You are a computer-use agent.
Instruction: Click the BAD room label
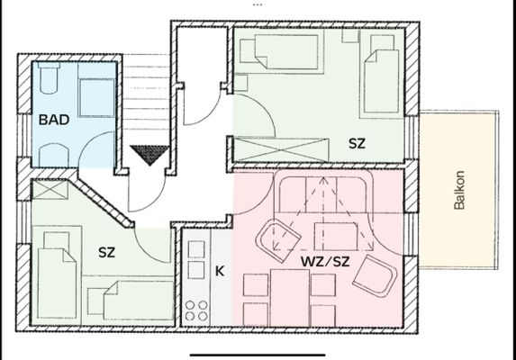(x=54, y=120)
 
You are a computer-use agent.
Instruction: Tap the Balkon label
(x=459, y=190)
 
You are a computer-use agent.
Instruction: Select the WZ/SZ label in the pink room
(x=325, y=262)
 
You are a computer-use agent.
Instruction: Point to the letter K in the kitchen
(x=220, y=271)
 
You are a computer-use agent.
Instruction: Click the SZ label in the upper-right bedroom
(x=357, y=143)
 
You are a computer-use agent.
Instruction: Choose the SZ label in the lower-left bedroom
(x=106, y=252)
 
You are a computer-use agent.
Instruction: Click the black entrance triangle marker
(x=149, y=155)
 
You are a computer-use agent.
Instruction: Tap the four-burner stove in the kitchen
(x=196, y=310)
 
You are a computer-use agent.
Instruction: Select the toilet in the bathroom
(x=49, y=78)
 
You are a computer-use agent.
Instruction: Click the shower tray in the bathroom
(x=96, y=98)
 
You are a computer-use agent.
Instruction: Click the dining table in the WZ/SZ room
(x=290, y=298)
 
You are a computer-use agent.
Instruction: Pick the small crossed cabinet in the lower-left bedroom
(x=50, y=189)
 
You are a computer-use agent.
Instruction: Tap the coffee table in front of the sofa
(x=336, y=236)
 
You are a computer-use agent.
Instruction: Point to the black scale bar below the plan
(x=258, y=355)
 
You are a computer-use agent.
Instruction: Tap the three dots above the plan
(x=258, y=4)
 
